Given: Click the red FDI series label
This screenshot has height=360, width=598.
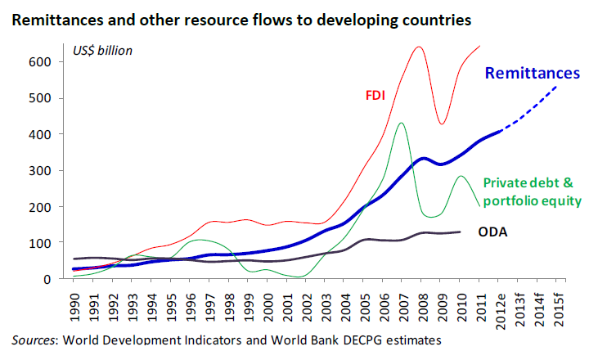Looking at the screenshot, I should click(x=375, y=93).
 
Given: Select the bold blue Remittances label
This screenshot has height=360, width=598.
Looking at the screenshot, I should click(x=533, y=73).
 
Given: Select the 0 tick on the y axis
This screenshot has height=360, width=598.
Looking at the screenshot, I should click(x=47, y=279).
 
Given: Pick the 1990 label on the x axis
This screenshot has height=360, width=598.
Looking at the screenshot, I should click(x=77, y=306).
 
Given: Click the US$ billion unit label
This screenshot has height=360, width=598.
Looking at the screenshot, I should click(x=102, y=51).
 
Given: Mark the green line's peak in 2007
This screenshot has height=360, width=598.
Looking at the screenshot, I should click(x=401, y=124).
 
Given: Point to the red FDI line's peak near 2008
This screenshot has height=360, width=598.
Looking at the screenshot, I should click(x=419, y=47).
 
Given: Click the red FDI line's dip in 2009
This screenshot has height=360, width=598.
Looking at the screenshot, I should click(x=442, y=124).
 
